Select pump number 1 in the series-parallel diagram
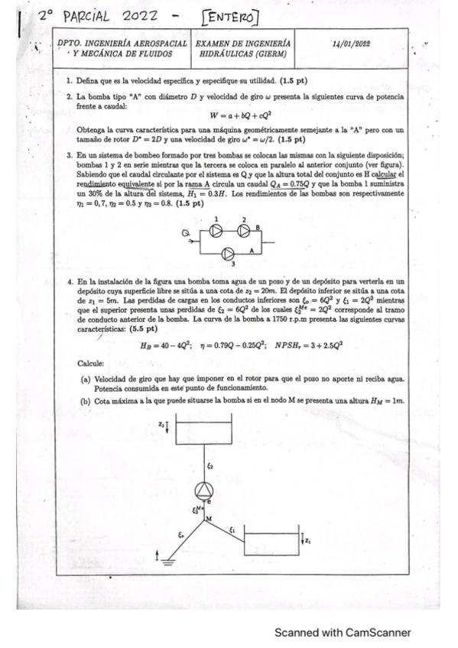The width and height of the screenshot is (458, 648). (217, 232)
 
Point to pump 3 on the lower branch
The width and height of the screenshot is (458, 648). (226, 253)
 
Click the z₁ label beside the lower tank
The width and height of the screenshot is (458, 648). (308, 541)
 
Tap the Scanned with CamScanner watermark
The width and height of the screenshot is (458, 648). (343, 632)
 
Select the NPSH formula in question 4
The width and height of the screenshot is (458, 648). (310, 345)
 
